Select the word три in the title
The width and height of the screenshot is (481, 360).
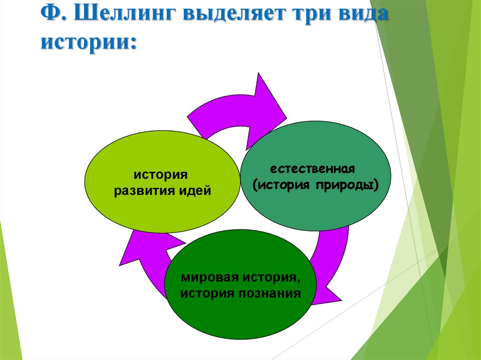point(308,15)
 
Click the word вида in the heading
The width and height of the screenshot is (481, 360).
point(361,15)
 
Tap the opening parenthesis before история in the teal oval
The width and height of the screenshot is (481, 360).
point(255,185)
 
